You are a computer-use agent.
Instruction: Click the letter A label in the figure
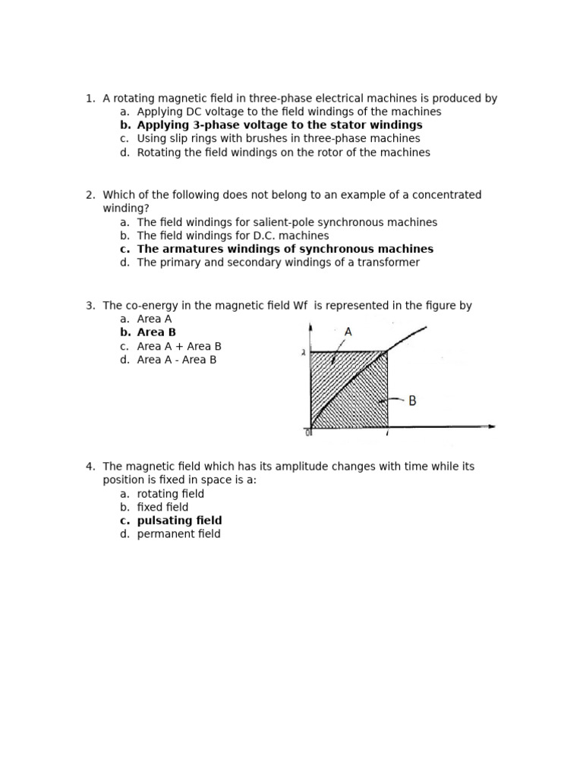tap(348, 332)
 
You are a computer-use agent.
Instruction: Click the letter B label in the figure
tap(412, 401)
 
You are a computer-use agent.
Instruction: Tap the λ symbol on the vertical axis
tap(303, 352)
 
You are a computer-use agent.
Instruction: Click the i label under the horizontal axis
tap(387, 434)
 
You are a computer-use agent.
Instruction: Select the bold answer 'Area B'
tap(156, 332)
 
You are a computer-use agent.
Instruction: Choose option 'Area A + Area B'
tap(179, 346)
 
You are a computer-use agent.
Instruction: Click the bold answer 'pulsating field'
tap(179, 521)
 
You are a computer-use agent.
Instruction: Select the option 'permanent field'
tap(178, 534)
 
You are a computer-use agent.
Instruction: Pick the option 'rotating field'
tap(170, 494)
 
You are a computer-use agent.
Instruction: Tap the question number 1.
tap(90, 98)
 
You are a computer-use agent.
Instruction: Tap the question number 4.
tap(90, 467)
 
